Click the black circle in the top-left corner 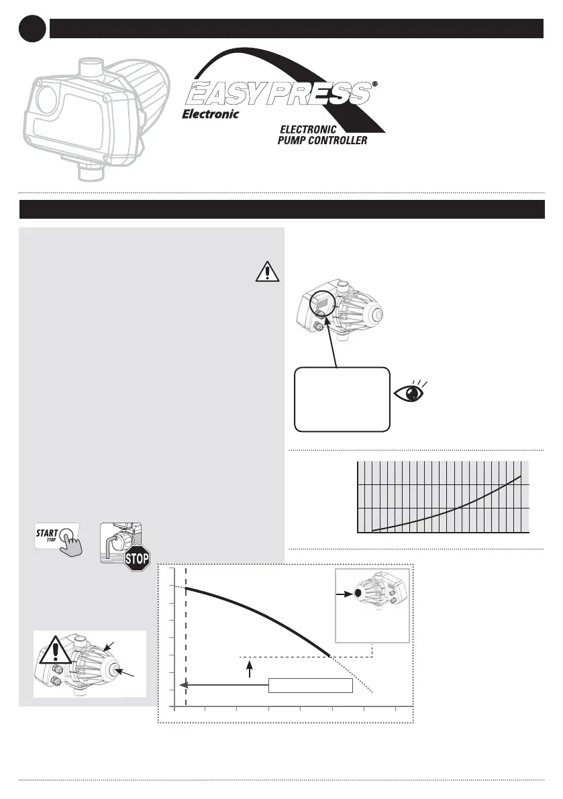point(32,29)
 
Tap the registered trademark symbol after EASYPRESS point(374,85)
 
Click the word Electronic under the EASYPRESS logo point(211,114)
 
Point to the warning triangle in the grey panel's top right point(267,272)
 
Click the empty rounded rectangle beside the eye point(342,399)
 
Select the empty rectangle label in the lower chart point(310,685)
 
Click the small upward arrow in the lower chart point(250,668)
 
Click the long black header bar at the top point(295,29)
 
